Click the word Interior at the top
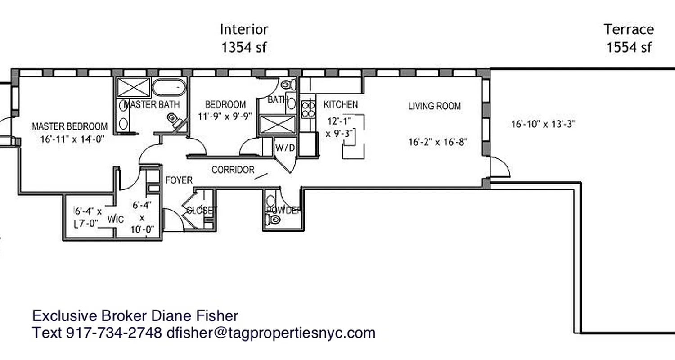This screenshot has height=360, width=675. point(244,30)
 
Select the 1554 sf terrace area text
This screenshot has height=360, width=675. point(629,47)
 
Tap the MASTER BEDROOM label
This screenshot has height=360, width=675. point(70,126)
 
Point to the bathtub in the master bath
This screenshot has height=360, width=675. point(169,87)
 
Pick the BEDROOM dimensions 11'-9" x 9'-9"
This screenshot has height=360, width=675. point(225,117)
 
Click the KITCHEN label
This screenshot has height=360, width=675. point(341,105)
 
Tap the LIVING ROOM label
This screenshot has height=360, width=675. point(434,107)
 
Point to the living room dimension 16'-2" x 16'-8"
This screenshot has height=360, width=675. point(437,143)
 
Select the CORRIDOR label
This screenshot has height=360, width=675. point(233,170)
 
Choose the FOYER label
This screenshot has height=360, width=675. point(179,180)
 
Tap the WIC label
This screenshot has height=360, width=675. point(116,220)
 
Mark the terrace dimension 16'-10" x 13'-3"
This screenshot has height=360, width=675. point(543,124)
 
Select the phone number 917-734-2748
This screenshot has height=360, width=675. point(114,333)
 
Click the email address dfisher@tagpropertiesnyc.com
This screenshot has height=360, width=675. point(270,333)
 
